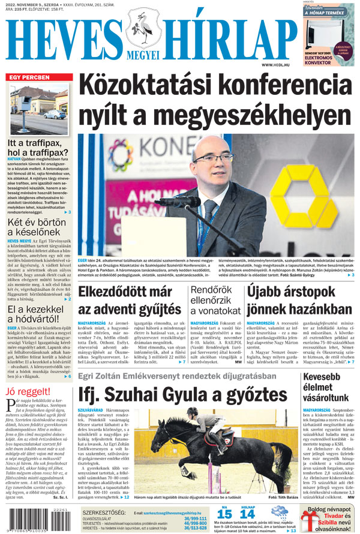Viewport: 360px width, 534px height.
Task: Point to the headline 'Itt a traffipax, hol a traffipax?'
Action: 38,148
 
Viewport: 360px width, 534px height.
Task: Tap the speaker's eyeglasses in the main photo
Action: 212,158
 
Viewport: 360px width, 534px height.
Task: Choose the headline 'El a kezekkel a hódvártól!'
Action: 37,316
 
